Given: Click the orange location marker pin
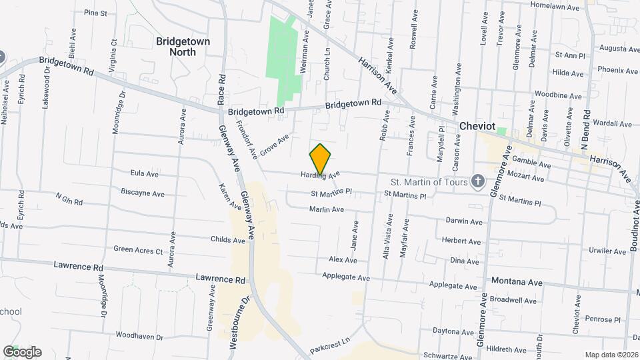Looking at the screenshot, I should pos(320,159).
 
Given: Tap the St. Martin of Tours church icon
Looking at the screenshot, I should pos(477,181).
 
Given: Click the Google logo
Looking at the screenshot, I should pos(22,352).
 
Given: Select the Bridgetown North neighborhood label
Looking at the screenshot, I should pos(183,46).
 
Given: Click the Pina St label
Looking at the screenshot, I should pos(96,13).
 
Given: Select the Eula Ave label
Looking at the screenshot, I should pos(145,173).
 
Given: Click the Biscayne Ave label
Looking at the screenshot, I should pos(143,194).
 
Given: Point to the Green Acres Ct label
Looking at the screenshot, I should pos(138,251).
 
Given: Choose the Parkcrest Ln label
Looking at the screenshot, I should pos(330,345).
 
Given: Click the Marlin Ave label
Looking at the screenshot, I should pos(327,209).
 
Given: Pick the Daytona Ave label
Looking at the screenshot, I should pos(453,331).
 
